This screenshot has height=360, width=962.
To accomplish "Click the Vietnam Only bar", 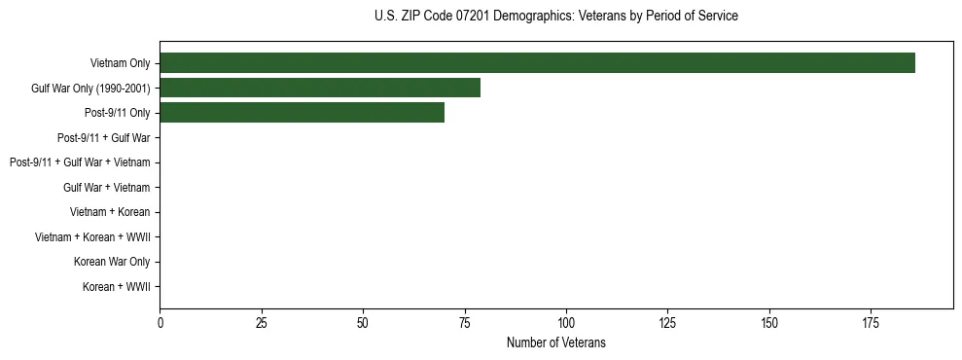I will click(x=537, y=63).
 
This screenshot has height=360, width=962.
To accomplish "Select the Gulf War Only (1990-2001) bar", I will click(x=320, y=89).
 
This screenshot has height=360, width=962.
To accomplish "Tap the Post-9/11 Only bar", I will click(x=302, y=113).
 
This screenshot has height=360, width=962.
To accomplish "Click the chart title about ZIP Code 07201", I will click(x=555, y=17).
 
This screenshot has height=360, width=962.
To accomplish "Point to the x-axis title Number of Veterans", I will click(x=555, y=342).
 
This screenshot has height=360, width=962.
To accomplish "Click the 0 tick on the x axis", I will click(x=160, y=321).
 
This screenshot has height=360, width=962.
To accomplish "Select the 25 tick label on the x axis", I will click(x=262, y=321).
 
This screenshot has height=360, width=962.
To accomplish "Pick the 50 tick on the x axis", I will click(x=363, y=321).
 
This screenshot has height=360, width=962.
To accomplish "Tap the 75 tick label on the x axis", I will click(x=464, y=321).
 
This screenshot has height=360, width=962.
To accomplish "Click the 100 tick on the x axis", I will click(x=566, y=321).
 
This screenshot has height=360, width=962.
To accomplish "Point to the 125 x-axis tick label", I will click(x=667, y=321).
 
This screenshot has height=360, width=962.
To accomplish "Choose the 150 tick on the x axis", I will click(x=768, y=321).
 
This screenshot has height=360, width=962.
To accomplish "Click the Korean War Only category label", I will click(x=112, y=262).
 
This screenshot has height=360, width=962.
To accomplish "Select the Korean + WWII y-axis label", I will click(x=117, y=287).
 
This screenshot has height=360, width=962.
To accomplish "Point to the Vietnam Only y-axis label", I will click(x=121, y=63).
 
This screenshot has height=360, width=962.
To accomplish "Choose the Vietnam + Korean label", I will click(x=110, y=212).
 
